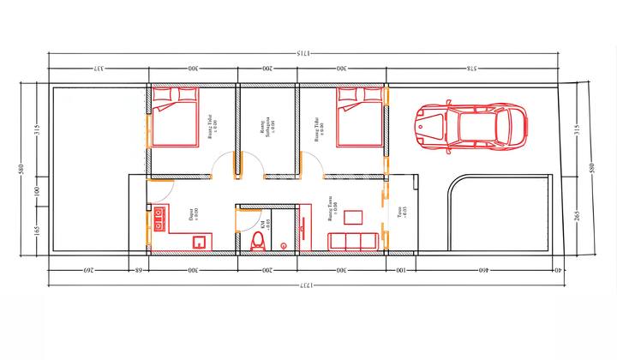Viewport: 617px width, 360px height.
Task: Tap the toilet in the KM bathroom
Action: click(x=256, y=242)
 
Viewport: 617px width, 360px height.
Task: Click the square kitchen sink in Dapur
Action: click(x=199, y=241)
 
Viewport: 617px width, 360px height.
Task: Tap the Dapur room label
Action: click(x=193, y=212)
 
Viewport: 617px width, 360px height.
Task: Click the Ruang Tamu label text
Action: click(x=332, y=207)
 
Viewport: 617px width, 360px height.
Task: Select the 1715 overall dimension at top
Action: click(x=302, y=54)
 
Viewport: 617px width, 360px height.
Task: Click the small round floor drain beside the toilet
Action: click(x=284, y=246)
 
